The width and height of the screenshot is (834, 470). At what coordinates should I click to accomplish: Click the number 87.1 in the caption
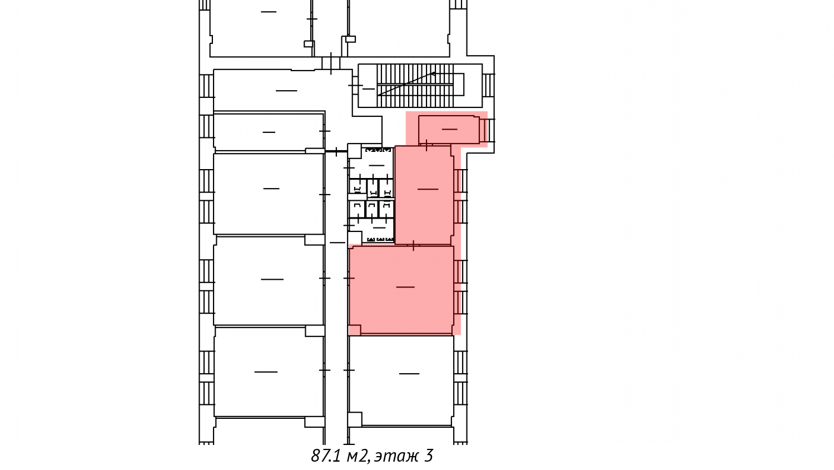tap(326, 456)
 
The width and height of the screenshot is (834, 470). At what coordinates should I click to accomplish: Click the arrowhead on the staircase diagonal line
tap(433, 74)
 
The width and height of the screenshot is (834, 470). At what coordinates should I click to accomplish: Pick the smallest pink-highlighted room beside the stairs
tap(449, 130)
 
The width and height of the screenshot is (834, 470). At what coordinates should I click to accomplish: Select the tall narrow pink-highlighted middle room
tap(424, 195)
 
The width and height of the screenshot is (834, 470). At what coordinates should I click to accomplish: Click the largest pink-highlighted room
tap(401, 290)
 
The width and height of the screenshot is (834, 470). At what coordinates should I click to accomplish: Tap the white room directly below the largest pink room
tap(401, 380)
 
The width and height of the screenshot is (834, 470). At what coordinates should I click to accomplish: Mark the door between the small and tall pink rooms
tap(426, 145)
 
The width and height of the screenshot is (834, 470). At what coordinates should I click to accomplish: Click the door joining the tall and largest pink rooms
tap(413, 245)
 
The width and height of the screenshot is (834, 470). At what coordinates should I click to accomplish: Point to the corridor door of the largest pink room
tap(349, 278)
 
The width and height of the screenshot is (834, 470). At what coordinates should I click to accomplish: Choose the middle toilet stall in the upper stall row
tap(373, 187)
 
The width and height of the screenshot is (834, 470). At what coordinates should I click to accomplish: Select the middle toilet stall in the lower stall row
tap(372, 209)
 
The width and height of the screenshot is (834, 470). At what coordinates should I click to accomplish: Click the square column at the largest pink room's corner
tap(355, 330)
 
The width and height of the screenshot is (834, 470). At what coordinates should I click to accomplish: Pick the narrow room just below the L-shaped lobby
tap(268, 132)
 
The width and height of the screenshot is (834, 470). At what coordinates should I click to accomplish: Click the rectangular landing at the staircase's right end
tap(459, 84)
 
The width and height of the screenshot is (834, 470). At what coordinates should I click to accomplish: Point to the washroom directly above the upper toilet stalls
tap(371, 164)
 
